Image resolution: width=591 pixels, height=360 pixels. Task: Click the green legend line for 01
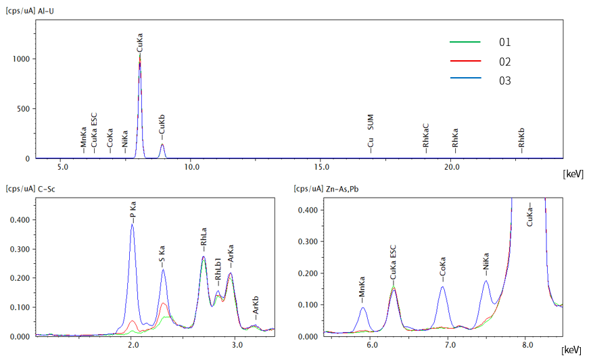[465, 42]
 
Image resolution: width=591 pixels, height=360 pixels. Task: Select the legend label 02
[505, 62]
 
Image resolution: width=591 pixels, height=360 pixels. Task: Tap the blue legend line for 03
[465, 79]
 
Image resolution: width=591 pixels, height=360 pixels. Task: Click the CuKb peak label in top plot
[162, 127]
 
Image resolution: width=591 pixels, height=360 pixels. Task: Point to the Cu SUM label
[371, 131]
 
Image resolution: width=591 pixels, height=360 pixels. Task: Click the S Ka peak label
[163, 256]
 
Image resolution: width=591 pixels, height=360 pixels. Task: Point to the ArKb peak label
[255, 309]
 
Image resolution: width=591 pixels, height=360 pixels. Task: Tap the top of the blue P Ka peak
[133, 225]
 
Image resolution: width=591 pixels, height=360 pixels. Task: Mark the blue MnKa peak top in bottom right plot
[363, 308]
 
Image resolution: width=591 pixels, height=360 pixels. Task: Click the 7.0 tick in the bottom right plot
[449, 344]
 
